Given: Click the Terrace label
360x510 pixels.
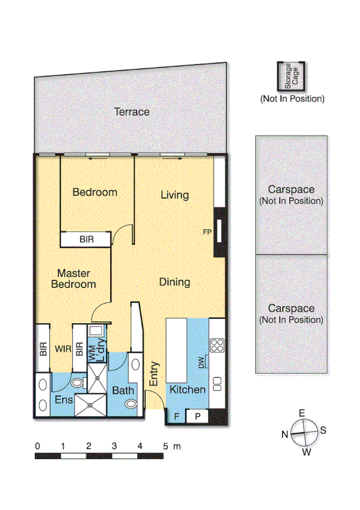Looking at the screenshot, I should [x=132, y=112].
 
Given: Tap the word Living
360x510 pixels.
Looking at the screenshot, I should [x=175, y=195].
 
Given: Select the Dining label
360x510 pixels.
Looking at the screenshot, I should [x=175, y=282].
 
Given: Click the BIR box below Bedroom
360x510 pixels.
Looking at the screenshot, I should [x=86, y=239].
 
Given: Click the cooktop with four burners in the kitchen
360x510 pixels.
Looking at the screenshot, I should [x=216, y=345].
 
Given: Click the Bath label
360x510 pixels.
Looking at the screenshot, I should [x=124, y=390].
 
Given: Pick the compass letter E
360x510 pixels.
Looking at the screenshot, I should [x=302, y=413].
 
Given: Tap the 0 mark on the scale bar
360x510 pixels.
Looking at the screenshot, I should [x=37, y=446].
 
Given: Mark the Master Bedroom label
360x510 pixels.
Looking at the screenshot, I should [x=73, y=278].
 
